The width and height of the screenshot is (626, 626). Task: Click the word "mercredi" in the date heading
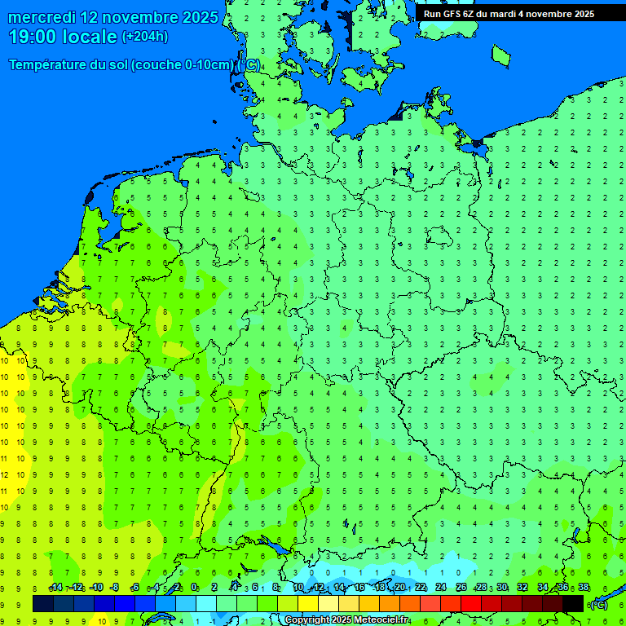(x=42, y=17)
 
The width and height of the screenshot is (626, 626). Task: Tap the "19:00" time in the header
(x=30, y=37)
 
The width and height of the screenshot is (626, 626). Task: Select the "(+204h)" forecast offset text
(x=145, y=37)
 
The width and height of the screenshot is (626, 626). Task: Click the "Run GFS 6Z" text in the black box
(x=449, y=14)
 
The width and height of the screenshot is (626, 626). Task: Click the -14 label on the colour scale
(x=55, y=588)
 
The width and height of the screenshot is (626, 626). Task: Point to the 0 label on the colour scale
(x=194, y=588)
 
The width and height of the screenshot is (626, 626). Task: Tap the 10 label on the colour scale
(x=298, y=588)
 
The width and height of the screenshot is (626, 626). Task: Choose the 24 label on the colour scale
(x=441, y=588)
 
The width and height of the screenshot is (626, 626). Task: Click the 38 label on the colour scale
(x=584, y=588)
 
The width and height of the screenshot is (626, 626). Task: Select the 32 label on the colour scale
(x=522, y=588)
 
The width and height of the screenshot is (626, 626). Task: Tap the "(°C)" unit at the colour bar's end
(x=598, y=604)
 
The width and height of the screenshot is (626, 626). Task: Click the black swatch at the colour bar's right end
(x=573, y=603)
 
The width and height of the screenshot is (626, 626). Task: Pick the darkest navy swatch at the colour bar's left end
(x=42, y=603)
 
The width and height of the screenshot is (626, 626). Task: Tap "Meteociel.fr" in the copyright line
(x=381, y=620)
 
